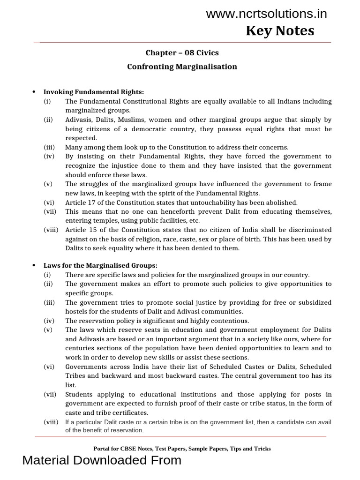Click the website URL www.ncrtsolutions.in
[266, 14]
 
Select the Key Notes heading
[280, 31]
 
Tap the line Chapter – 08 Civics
[182, 52]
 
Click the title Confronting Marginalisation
[182, 67]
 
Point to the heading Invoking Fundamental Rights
[94, 92]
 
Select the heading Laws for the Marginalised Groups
[100, 266]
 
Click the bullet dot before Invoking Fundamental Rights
[33, 92]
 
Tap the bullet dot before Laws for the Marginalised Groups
[33, 266]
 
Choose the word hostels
[76, 312]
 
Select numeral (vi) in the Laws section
[49, 367]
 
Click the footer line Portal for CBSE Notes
[182, 449]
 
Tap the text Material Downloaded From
[102, 461]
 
